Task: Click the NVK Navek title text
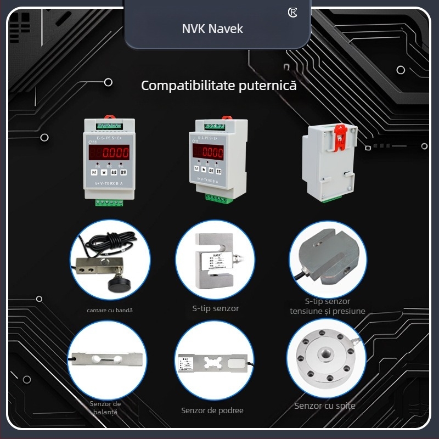click(x=212, y=28)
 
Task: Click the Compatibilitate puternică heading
click(x=219, y=86)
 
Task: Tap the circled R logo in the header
click(x=292, y=13)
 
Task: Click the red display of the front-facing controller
click(x=109, y=152)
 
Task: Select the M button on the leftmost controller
click(x=94, y=172)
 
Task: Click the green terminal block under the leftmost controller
click(x=109, y=202)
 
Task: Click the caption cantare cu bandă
click(x=110, y=310)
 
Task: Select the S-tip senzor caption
click(x=216, y=308)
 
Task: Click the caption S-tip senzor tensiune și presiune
click(x=328, y=306)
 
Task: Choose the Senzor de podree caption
click(x=212, y=410)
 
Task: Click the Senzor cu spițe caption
click(x=325, y=406)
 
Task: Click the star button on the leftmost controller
click(x=104, y=172)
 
